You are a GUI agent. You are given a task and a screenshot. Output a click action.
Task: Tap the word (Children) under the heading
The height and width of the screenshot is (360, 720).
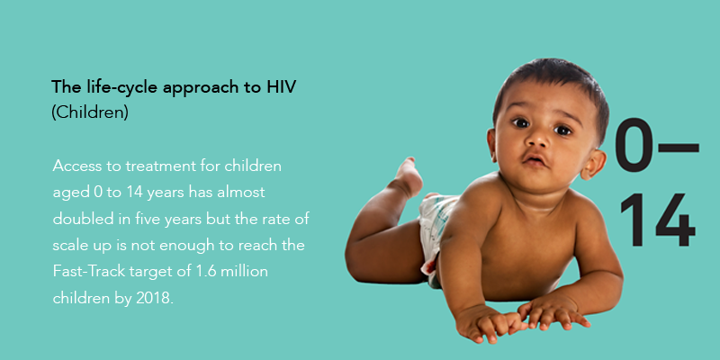90,112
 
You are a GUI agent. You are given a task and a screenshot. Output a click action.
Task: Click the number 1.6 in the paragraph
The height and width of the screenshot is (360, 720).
206,271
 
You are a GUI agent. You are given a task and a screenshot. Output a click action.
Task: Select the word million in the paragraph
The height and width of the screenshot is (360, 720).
244,271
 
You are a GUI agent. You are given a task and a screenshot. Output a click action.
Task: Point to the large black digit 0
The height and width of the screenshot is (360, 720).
634,145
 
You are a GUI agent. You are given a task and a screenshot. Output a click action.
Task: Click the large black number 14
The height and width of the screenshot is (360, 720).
658,220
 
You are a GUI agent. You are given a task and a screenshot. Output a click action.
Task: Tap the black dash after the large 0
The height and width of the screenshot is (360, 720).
679,148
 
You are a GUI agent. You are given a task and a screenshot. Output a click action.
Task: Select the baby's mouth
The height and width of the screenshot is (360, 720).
535,159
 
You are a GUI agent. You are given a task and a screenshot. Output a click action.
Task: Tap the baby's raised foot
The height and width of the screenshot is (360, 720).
408,176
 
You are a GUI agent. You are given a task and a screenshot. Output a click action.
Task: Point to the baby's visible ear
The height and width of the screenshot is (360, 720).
595,164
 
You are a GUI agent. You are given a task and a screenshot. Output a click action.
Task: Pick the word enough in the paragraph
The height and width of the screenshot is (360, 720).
186,245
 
